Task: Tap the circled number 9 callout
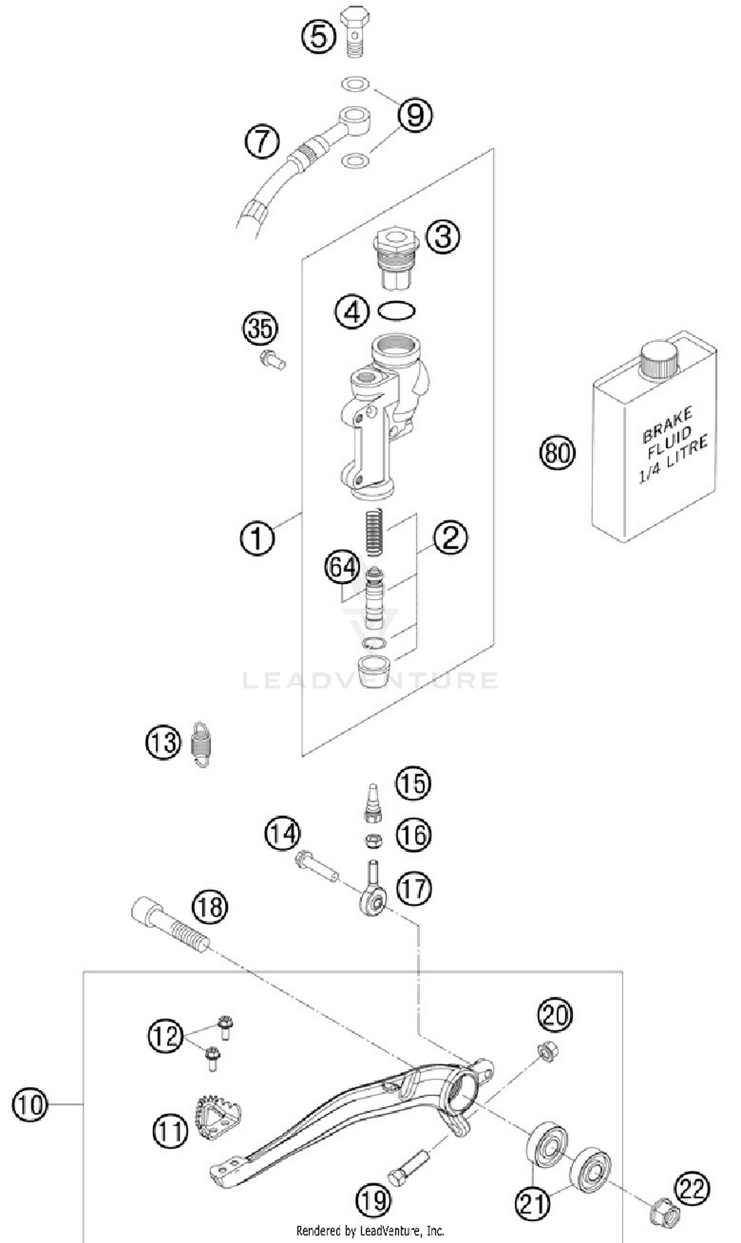tap(415, 115)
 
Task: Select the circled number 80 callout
tap(557, 453)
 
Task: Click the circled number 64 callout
tap(342, 567)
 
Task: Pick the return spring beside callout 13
tap(201, 744)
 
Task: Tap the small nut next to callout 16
tap(373, 841)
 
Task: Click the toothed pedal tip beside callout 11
tap(217, 1118)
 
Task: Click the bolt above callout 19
tap(408, 1163)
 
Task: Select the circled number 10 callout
tap(30, 1105)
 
